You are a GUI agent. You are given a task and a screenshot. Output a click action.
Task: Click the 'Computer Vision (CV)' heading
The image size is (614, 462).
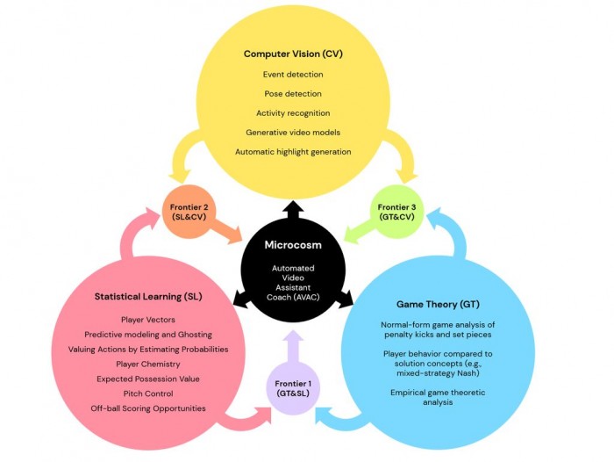click(x=293, y=54)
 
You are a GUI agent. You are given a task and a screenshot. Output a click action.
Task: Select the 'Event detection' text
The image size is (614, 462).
click(x=293, y=75)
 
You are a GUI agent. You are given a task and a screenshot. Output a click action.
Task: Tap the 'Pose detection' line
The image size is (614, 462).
click(x=293, y=94)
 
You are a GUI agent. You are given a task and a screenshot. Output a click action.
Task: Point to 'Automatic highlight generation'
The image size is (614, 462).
click(x=293, y=152)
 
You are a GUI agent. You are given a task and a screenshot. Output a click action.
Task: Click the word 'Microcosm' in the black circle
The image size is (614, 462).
click(x=293, y=244)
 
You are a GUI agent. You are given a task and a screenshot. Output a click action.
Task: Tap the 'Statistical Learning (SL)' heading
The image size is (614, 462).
click(x=148, y=297)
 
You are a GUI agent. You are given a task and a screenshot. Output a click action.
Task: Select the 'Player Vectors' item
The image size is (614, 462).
click(x=148, y=320)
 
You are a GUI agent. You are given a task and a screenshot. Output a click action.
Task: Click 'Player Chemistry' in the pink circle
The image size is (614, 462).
click(x=148, y=364)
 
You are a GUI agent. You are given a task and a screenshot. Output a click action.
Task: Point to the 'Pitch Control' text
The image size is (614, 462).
click(x=148, y=393)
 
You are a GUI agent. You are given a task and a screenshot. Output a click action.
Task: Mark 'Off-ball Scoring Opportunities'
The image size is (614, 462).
click(x=148, y=408)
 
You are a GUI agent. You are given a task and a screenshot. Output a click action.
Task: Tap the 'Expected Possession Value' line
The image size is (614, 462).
click(x=148, y=379)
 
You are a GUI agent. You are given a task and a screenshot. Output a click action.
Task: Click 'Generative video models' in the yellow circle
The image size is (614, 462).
click(x=293, y=133)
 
